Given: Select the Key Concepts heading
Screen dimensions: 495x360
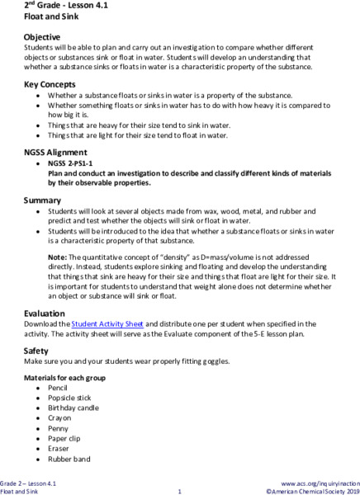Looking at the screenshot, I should click(x=51, y=86).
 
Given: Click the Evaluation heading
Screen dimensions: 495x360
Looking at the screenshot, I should click(x=47, y=314).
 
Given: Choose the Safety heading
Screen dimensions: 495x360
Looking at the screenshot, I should click(x=39, y=351).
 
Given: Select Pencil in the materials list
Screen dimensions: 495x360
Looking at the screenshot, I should click(x=59, y=387).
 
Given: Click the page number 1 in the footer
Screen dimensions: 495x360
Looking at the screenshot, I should click(x=179, y=492).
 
